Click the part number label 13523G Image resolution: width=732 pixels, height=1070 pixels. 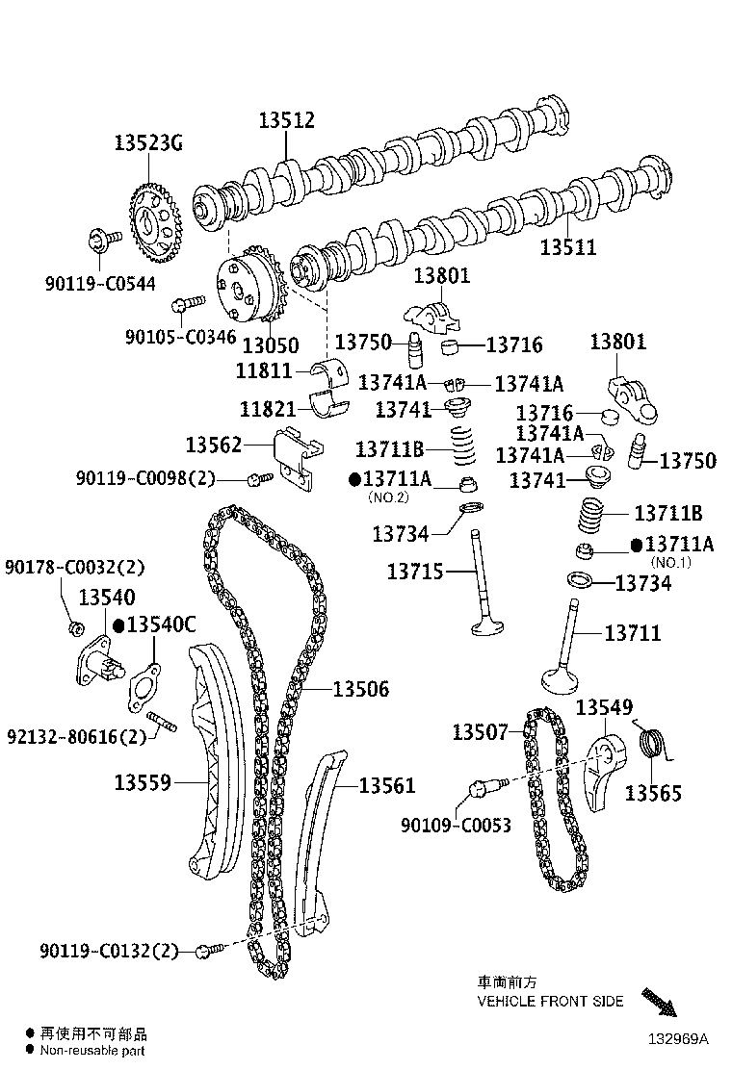coord(147,143)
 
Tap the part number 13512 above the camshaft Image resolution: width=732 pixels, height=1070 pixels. coord(286,121)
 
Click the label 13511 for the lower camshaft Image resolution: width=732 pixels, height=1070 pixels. coord(567,247)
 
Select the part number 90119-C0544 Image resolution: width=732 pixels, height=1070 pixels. coord(99,283)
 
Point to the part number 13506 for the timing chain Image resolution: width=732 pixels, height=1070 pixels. coord(361,689)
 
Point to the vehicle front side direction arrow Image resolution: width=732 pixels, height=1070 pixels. coord(660,1001)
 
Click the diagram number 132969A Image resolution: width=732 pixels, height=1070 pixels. coord(677,1038)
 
